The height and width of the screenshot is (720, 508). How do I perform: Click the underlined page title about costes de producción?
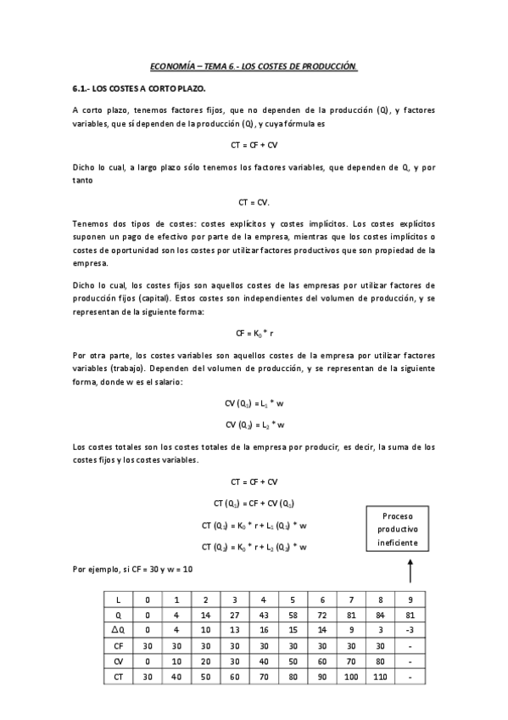pos(254,65)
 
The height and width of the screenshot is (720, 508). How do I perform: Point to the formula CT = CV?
pos(254,201)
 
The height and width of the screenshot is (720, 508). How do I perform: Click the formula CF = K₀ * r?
pos(254,334)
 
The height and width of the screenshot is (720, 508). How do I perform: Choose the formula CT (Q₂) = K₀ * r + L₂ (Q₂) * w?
pos(254,546)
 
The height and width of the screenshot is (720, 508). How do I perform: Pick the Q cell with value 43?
pos(264,614)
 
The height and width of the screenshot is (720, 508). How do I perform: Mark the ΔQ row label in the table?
pos(118,629)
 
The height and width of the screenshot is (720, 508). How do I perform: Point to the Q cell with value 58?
pos(293,614)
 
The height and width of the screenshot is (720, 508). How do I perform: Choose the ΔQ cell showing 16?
pos(264,629)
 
